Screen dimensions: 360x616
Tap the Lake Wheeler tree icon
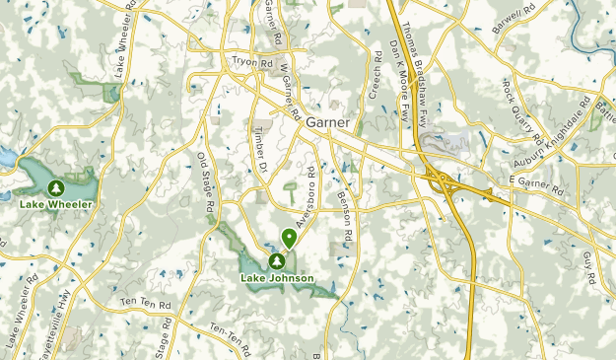(x=56, y=187)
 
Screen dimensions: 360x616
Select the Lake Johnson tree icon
(x=277, y=261)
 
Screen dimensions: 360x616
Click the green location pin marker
(x=289, y=238)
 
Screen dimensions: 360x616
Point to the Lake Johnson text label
(x=277, y=278)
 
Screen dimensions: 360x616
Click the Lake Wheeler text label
(x=56, y=204)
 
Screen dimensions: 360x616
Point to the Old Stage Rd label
(x=205, y=183)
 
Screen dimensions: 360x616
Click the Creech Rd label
(x=375, y=75)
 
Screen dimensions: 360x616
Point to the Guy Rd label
(x=590, y=267)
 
